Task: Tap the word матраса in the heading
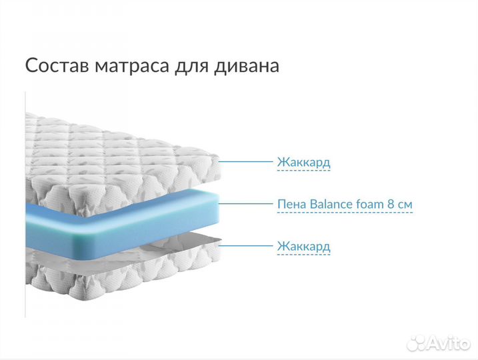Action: click(x=123, y=66)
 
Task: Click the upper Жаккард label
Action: click(x=303, y=162)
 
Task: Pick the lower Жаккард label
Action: click(x=303, y=246)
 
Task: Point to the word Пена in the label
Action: click(x=291, y=203)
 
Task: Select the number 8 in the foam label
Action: click(x=393, y=203)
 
